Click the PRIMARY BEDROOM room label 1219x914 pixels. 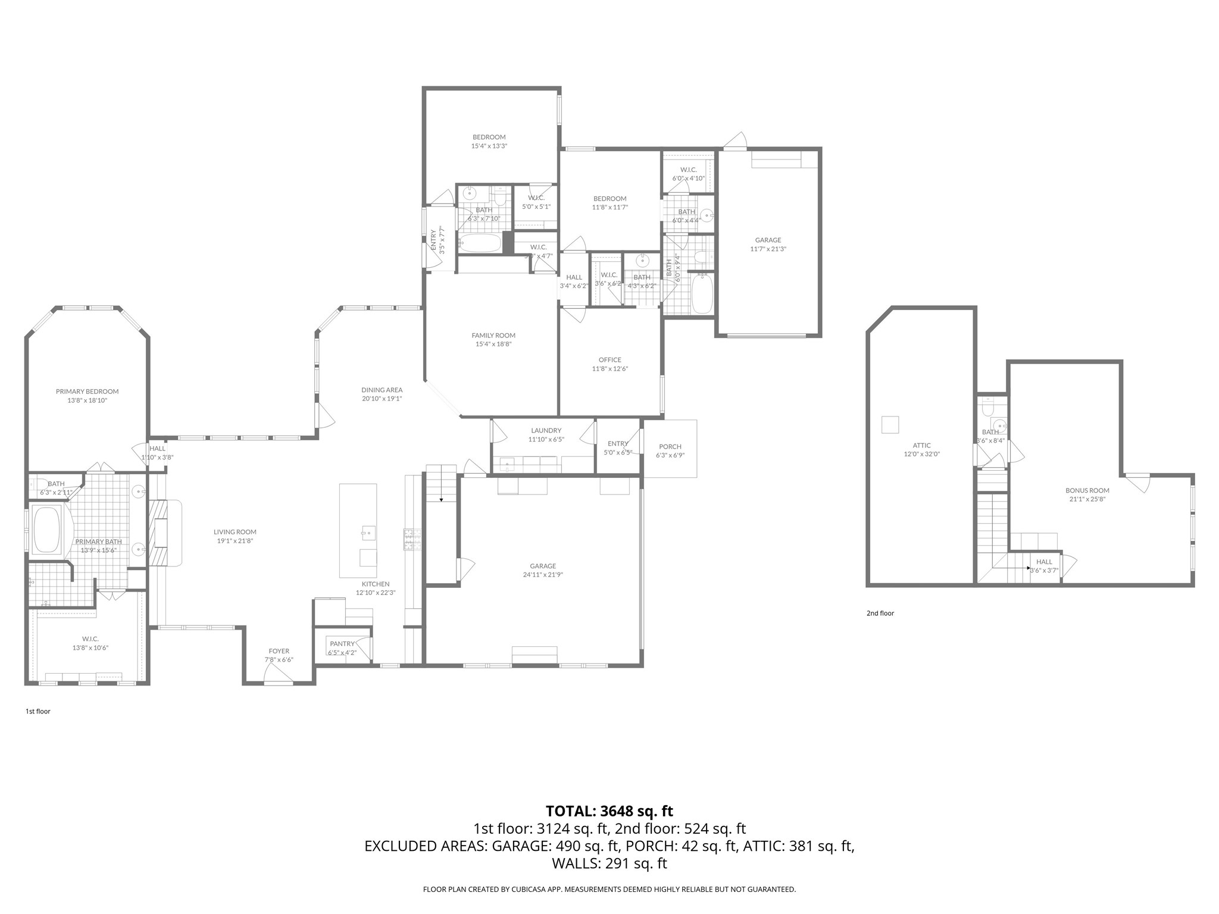pos(87,392)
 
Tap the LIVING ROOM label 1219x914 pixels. pos(235,532)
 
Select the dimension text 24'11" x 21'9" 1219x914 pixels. pos(543,575)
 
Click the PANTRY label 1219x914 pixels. pos(342,643)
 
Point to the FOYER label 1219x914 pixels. pos(279,651)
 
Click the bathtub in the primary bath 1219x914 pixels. pos(47,529)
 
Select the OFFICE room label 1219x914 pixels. pos(609,359)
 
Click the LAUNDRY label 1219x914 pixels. pos(546,430)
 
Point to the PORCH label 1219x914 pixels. pos(670,446)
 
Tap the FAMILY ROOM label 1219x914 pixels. pos(493,335)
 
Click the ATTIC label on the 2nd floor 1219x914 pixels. pos(921,445)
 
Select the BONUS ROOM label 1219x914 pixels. pos(1087,490)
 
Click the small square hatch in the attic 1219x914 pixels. pos(890,425)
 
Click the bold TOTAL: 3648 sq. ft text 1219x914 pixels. pos(609,811)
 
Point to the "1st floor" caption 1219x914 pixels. pos(38,711)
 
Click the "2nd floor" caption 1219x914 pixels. pos(880,613)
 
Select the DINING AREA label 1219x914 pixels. pos(382,390)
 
